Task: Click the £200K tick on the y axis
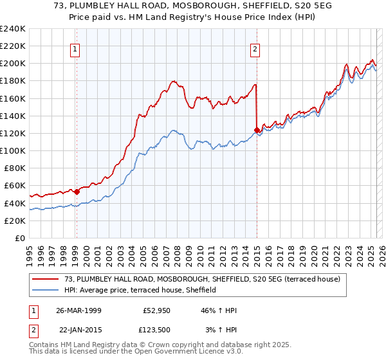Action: click(12, 64)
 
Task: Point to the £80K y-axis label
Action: click(14, 168)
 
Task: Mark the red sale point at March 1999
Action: click(77, 191)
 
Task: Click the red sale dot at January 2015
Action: click(257, 130)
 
